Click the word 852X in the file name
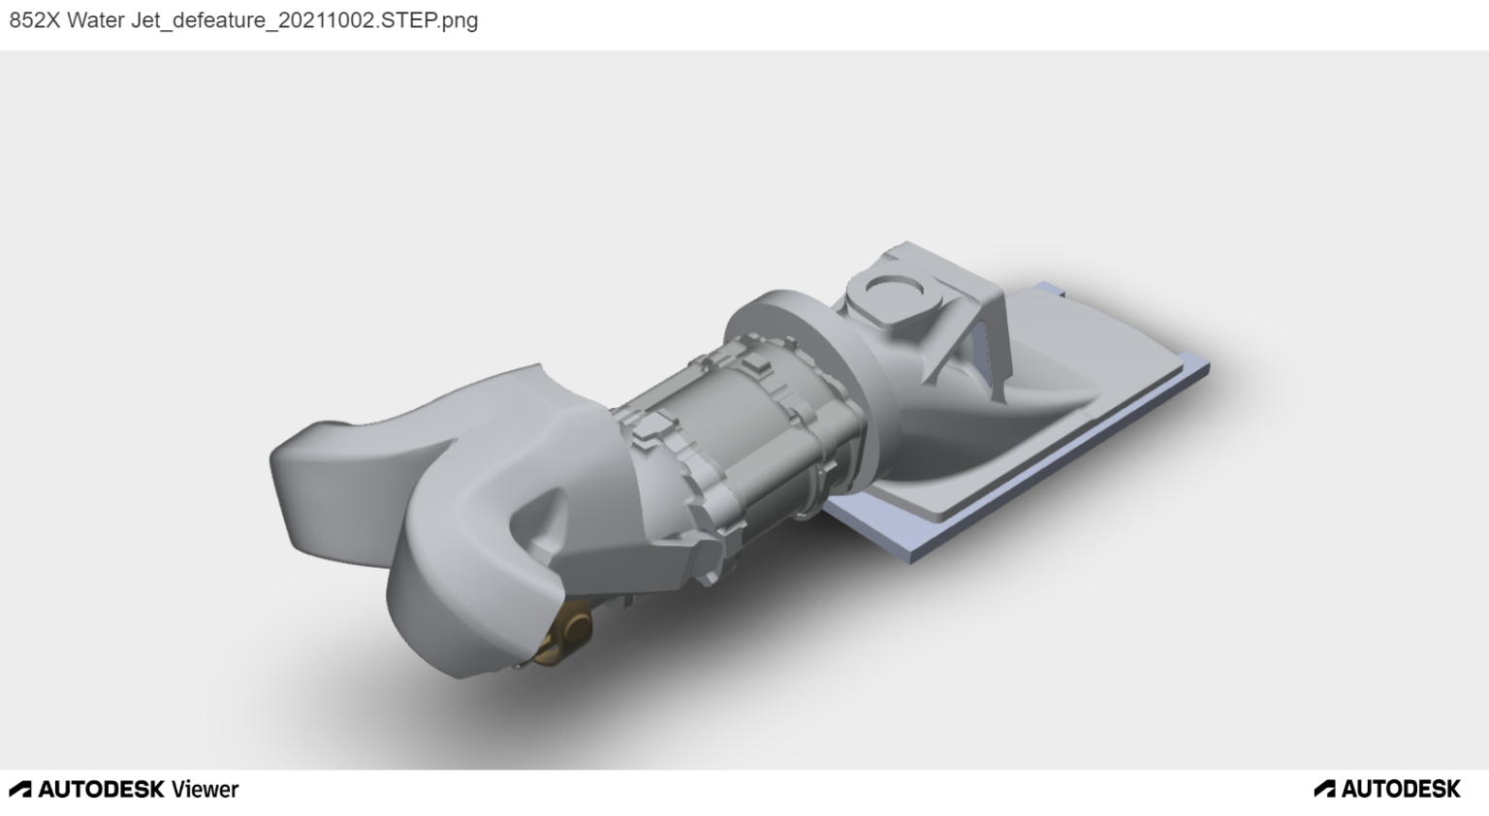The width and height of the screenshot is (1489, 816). tap(34, 20)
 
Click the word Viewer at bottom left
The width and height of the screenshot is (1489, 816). tap(205, 789)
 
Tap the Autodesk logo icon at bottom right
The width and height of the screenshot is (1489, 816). tap(1324, 789)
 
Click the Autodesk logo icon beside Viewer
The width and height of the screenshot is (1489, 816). tap(19, 789)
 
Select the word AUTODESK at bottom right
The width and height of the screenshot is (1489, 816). tap(1401, 789)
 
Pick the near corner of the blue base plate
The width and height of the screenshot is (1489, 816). tap(911, 555)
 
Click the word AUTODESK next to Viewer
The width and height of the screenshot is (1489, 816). tap(102, 789)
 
